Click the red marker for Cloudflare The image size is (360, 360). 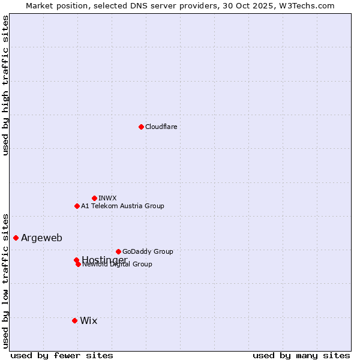(x=141, y=127)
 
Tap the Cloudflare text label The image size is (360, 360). (x=161, y=127)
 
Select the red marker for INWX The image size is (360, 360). (x=94, y=198)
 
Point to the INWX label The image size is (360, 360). (x=107, y=199)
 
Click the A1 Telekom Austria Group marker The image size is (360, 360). (x=77, y=206)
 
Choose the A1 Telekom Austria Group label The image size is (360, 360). (x=122, y=206)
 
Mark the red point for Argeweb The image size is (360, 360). (x=16, y=238)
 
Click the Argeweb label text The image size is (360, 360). (x=41, y=238)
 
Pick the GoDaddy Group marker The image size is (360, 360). (x=118, y=251)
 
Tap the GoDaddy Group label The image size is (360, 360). (x=148, y=252)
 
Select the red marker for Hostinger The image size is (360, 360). (x=76, y=260)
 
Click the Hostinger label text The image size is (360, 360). (x=104, y=260)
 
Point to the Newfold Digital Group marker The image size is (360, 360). (x=78, y=264)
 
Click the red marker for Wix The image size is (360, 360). (x=74, y=320)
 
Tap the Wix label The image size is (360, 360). (x=88, y=321)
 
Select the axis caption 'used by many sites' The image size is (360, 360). (x=301, y=356)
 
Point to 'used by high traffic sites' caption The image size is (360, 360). (x=5, y=85)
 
